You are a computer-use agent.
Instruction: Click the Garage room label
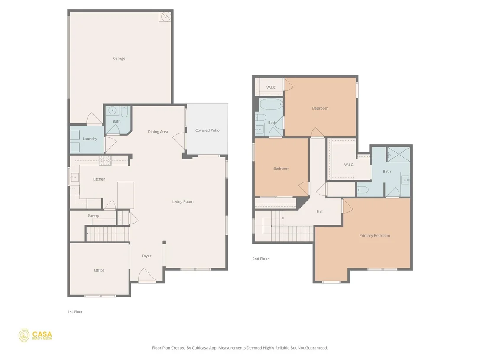click(x=119, y=58)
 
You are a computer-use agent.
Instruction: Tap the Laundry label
click(x=90, y=139)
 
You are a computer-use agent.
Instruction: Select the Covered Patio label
click(x=207, y=130)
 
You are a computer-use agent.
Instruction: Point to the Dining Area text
click(x=158, y=132)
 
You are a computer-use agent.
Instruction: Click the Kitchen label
click(x=99, y=179)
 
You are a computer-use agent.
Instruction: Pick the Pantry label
click(x=94, y=216)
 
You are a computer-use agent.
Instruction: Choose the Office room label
click(x=99, y=270)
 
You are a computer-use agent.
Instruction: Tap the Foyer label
click(x=146, y=256)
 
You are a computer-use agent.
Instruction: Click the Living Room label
click(x=183, y=201)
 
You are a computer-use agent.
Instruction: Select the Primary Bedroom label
click(x=375, y=235)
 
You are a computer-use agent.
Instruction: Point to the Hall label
click(x=320, y=211)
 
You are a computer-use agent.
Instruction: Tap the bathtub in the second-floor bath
click(x=271, y=104)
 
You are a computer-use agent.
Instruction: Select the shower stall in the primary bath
click(x=398, y=154)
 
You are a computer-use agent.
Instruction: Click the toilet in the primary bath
click(x=363, y=190)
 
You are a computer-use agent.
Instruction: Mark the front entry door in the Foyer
click(x=147, y=276)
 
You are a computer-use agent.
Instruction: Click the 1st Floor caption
click(x=75, y=311)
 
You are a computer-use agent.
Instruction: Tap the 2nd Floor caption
click(x=260, y=259)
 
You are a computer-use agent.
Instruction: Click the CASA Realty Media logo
click(x=35, y=335)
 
